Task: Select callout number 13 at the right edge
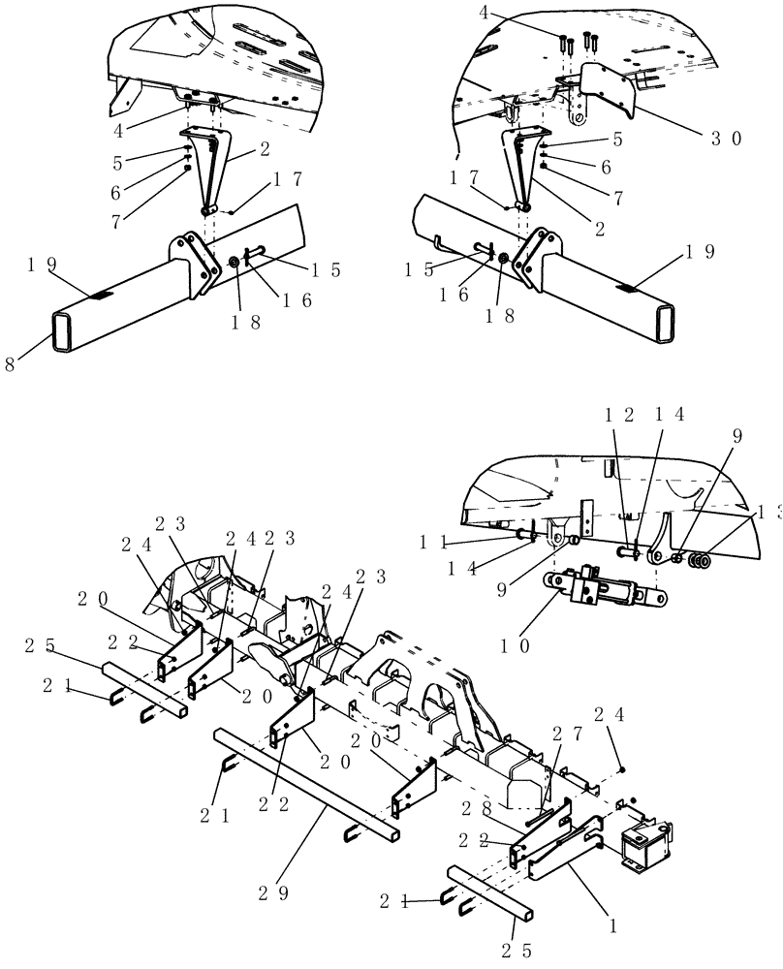[769, 512]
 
